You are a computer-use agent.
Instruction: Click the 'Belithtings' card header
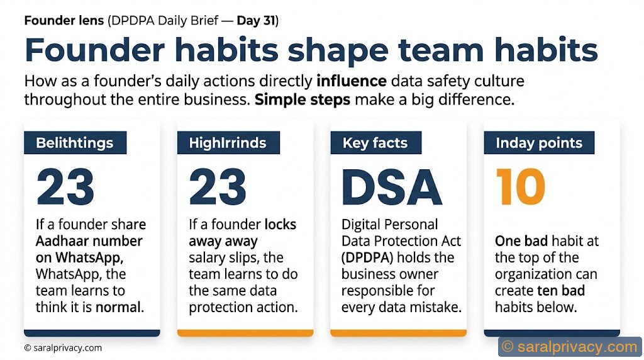(x=75, y=143)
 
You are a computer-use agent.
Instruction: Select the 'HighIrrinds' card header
(x=228, y=143)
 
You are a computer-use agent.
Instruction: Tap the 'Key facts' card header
(x=375, y=143)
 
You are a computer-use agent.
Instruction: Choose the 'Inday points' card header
(x=538, y=143)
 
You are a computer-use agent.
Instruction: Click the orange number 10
(x=520, y=188)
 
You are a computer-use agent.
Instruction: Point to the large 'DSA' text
(x=392, y=188)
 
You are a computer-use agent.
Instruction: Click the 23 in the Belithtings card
(x=65, y=188)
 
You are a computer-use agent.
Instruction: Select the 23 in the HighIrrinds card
(x=218, y=188)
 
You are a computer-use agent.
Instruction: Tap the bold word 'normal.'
(x=119, y=307)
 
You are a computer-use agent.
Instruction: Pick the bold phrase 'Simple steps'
(x=303, y=100)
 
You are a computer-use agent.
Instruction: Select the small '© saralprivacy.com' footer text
(x=63, y=348)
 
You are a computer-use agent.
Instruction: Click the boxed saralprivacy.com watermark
(x=570, y=346)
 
